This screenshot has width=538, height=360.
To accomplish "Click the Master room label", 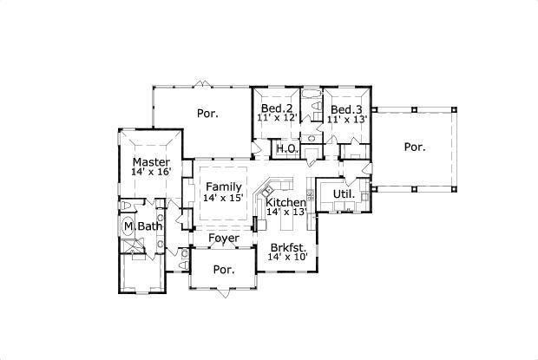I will tap(151, 162).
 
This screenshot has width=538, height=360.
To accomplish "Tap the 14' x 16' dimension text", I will tap(151, 173).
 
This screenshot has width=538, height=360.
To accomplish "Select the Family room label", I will tap(224, 187).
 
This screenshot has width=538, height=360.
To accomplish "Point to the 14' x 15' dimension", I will tap(224, 198).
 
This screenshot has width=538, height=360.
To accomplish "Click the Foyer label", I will tap(224, 238).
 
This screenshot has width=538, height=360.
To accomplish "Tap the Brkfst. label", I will tap(287, 247).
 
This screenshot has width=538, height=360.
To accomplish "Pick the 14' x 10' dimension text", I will tap(287, 258).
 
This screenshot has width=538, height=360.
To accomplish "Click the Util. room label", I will tap(344, 194).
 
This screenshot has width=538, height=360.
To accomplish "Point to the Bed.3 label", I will tap(346, 109).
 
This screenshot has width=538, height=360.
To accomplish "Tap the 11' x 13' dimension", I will tap(346, 119).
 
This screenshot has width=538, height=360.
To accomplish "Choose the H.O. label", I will tap(287, 149).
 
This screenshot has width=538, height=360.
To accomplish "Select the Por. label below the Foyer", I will tap(224, 270).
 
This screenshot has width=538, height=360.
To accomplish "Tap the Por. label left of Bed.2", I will tap(207, 113).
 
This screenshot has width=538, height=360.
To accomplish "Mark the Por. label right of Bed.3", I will tap(415, 147).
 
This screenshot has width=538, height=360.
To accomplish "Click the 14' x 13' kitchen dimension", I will tap(285, 212).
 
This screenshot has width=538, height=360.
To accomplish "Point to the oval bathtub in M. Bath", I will tap(128, 227).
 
